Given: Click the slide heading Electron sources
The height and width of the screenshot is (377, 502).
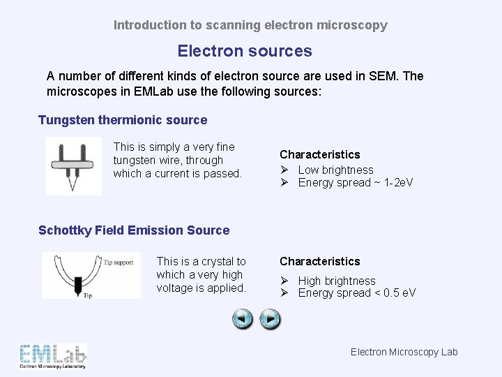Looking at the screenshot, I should (x=245, y=51).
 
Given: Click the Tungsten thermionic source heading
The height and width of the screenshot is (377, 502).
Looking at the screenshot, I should (x=123, y=120).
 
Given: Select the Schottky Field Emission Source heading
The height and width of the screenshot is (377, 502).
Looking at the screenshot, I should (x=134, y=230).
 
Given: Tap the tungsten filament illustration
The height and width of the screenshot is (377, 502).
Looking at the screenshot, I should (x=73, y=165).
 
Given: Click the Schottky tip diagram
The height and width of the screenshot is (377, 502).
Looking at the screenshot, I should (x=91, y=275).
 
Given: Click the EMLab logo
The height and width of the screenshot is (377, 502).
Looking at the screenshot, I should (x=53, y=356).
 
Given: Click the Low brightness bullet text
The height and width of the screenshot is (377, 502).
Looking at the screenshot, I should (x=335, y=170).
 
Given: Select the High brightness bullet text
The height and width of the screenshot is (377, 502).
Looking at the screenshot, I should (x=337, y=281).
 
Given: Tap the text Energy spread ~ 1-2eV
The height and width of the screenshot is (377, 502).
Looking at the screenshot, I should (x=355, y=183).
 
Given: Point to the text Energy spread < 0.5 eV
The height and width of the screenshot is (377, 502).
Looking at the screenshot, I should (x=356, y=293).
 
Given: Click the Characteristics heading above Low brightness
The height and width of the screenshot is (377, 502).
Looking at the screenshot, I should (x=320, y=154).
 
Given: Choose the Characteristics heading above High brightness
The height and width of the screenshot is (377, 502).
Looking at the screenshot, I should (x=320, y=261).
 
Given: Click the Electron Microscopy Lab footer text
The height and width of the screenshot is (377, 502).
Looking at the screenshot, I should (x=404, y=352).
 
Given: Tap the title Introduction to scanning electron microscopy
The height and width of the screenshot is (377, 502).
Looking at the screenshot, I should (x=250, y=25).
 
